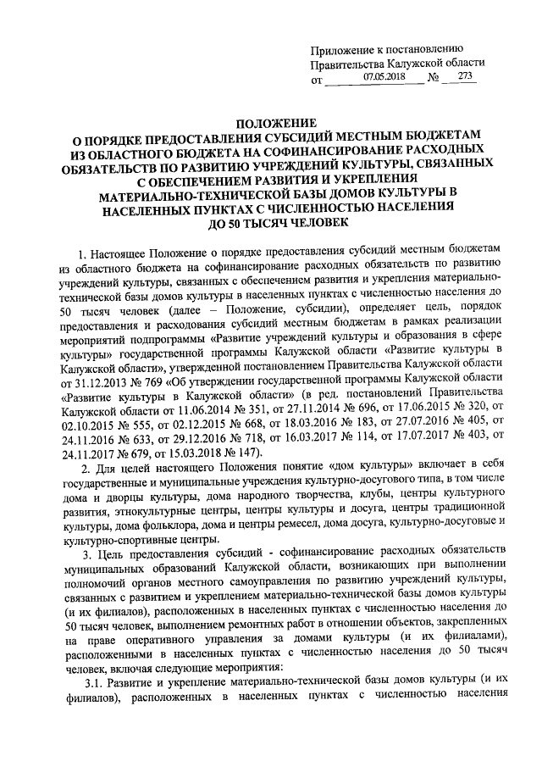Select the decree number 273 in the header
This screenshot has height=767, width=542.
click(465, 77)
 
